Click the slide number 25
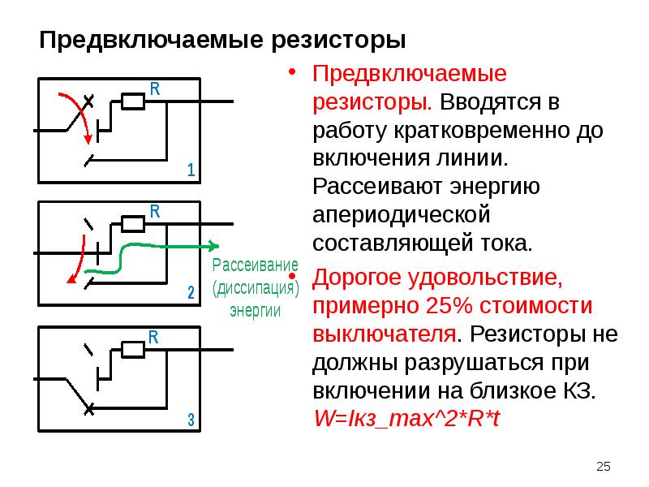click(604, 466)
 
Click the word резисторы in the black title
click(338, 41)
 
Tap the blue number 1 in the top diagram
click(191, 170)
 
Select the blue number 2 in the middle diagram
click(191, 292)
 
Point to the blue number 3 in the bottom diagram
click(191, 420)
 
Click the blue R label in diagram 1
click(155, 88)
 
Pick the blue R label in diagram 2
click(155, 211)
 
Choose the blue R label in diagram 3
click(153, 337)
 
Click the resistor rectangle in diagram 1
click(133, 101)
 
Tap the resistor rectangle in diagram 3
click(133, 350)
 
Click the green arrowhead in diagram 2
click(213, 246)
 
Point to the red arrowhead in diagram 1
click(88, 139)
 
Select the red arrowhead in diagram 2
click(71, 278)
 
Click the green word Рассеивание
click(256, 265)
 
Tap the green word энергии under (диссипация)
click(256, 311)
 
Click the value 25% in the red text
click(449, 306)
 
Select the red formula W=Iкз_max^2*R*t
click(407, 418)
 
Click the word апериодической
click(402, 215)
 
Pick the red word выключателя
click(385, 334)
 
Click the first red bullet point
click(292, 71)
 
